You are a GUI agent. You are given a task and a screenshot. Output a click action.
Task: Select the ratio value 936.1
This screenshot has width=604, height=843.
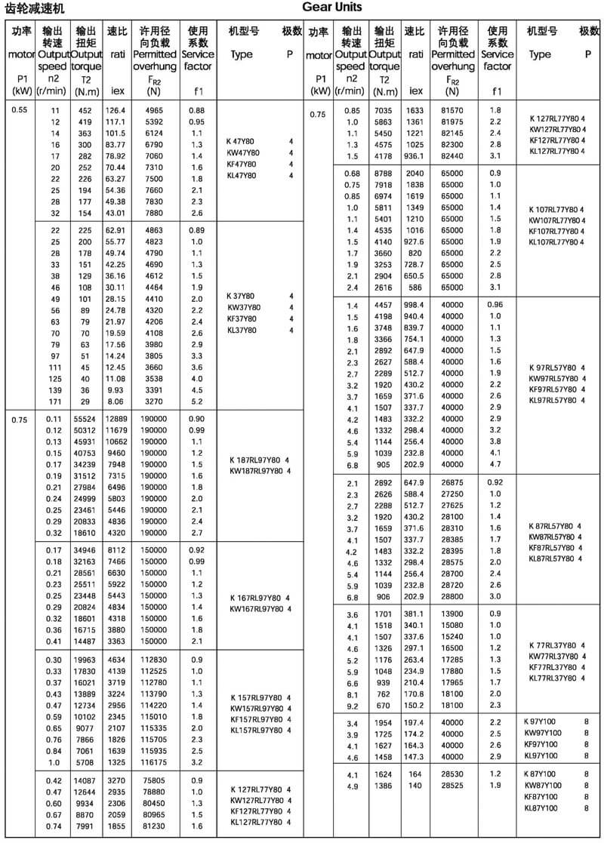tap(415, 155)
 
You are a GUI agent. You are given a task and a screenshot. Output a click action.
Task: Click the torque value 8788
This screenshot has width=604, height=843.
tap(384, 174)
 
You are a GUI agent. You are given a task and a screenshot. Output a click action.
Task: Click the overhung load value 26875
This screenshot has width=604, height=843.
tap(452, 483)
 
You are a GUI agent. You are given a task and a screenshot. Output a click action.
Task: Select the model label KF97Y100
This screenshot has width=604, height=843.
tap(542, 743)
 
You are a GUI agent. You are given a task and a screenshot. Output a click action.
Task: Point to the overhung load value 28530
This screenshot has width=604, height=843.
tap(452, 774)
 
